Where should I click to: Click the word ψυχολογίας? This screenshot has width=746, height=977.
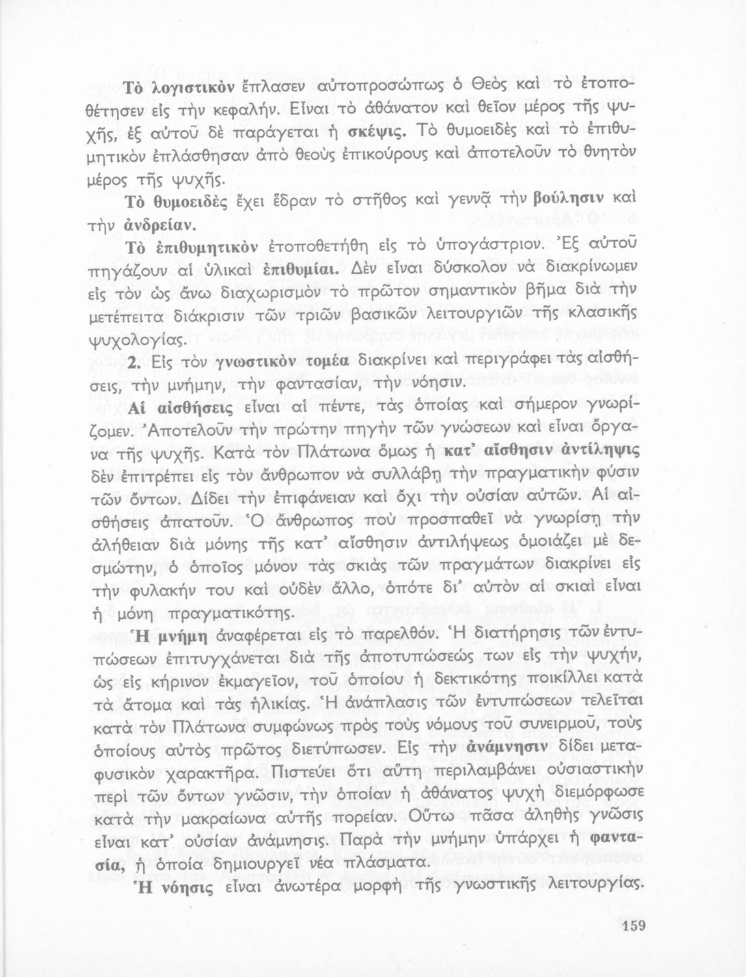click(x=153, y=341)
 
